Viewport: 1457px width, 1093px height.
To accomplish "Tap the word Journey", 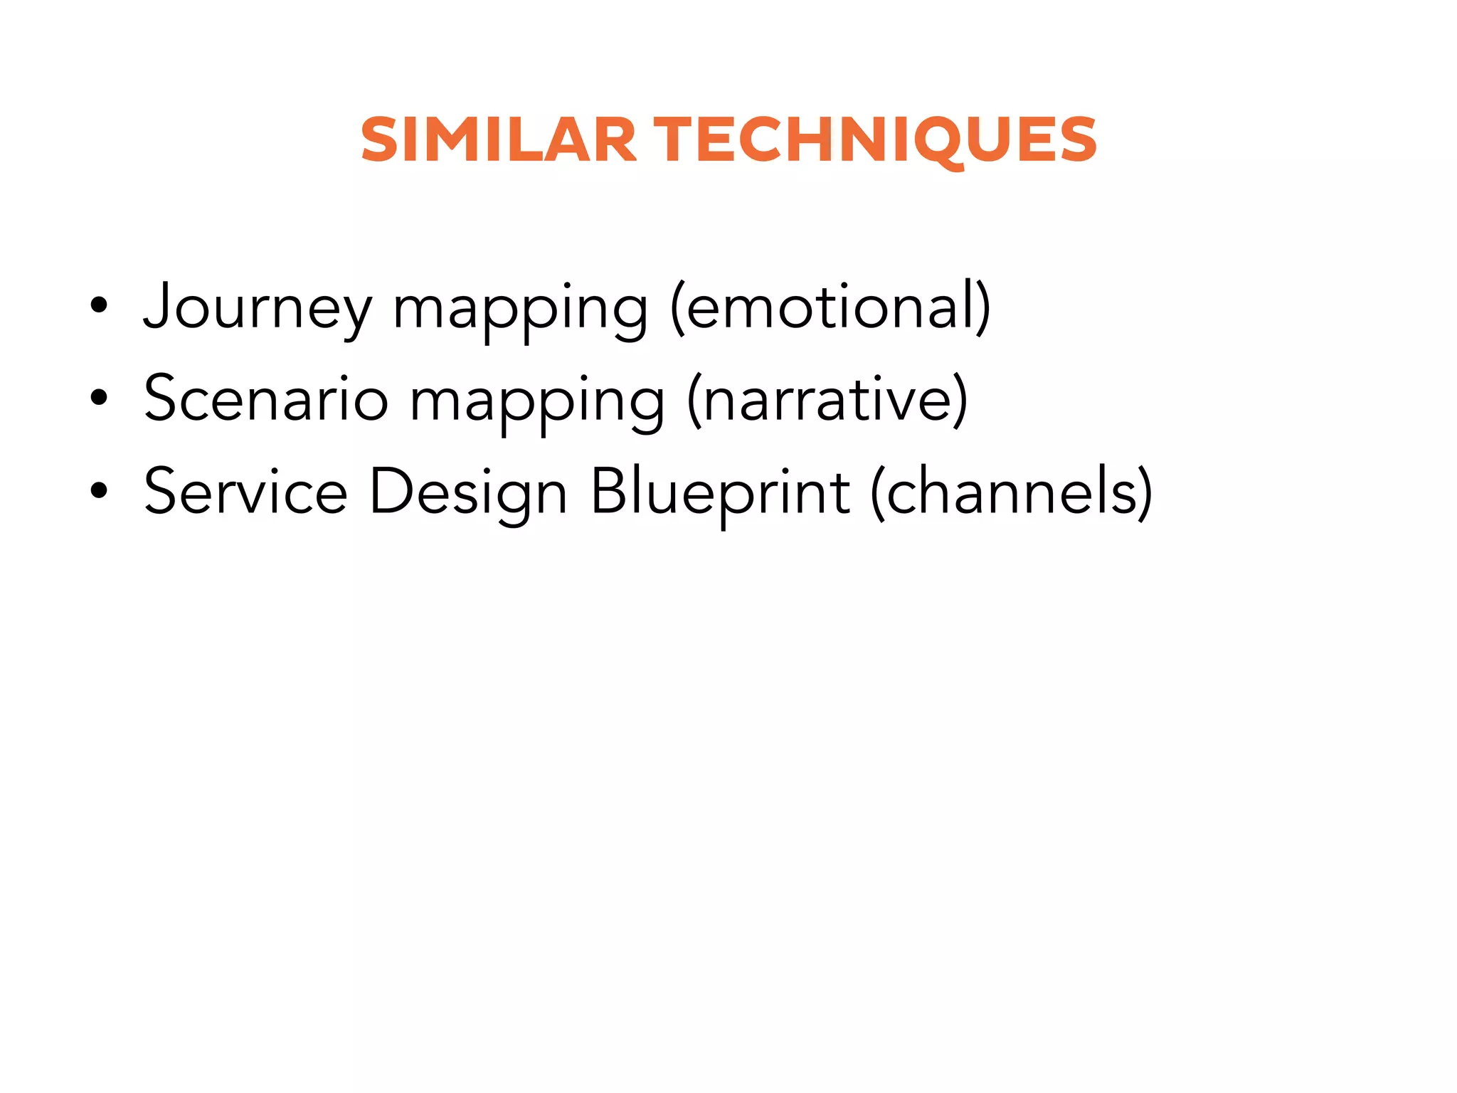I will pos(258,307).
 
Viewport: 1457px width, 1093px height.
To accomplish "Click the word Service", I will pos(245,492).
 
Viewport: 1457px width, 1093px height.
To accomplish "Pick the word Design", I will pos(468,492).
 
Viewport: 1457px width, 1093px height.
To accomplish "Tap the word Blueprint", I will pos(720,492).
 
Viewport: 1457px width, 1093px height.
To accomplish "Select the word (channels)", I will pos(1011,492).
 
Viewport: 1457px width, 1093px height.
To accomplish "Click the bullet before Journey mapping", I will pos(99,307).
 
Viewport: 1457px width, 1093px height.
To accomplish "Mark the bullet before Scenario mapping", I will pos(99,398).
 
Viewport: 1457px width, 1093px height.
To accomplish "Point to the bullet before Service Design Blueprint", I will pos(99,491).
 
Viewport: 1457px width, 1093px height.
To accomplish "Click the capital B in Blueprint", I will pos(611,490).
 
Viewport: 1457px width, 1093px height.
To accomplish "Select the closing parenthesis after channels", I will pos(1145,492).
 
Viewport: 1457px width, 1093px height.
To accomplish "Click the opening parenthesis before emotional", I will pos(677,307).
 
